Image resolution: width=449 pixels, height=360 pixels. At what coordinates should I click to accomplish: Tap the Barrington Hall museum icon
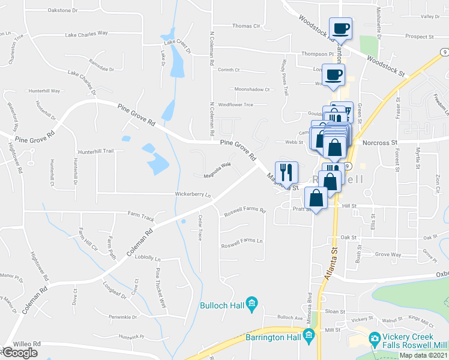(x=309, y=335)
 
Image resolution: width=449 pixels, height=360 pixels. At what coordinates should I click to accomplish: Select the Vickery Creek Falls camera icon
(x=375, y=339)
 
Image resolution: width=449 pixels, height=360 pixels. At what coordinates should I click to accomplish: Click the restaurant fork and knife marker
(x=286, y=172)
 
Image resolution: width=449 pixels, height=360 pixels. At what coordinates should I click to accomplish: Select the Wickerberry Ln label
(x=193, y=195)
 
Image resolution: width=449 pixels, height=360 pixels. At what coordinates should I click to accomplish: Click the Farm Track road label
(x=141, y=214)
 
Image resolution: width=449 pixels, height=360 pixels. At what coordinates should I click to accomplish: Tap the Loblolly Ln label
(x=148, y=259)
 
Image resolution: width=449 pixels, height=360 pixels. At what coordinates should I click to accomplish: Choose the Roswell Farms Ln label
(x=243, y=241)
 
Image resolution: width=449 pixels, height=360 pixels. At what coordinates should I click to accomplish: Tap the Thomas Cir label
(x=246, y=26)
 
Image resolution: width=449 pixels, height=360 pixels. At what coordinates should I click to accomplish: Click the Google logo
(x=20, y=353)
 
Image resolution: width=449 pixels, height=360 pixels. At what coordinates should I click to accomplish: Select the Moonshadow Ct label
(x=252, y=89)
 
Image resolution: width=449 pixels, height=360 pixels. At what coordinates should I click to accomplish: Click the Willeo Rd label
(x=28, y=344)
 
